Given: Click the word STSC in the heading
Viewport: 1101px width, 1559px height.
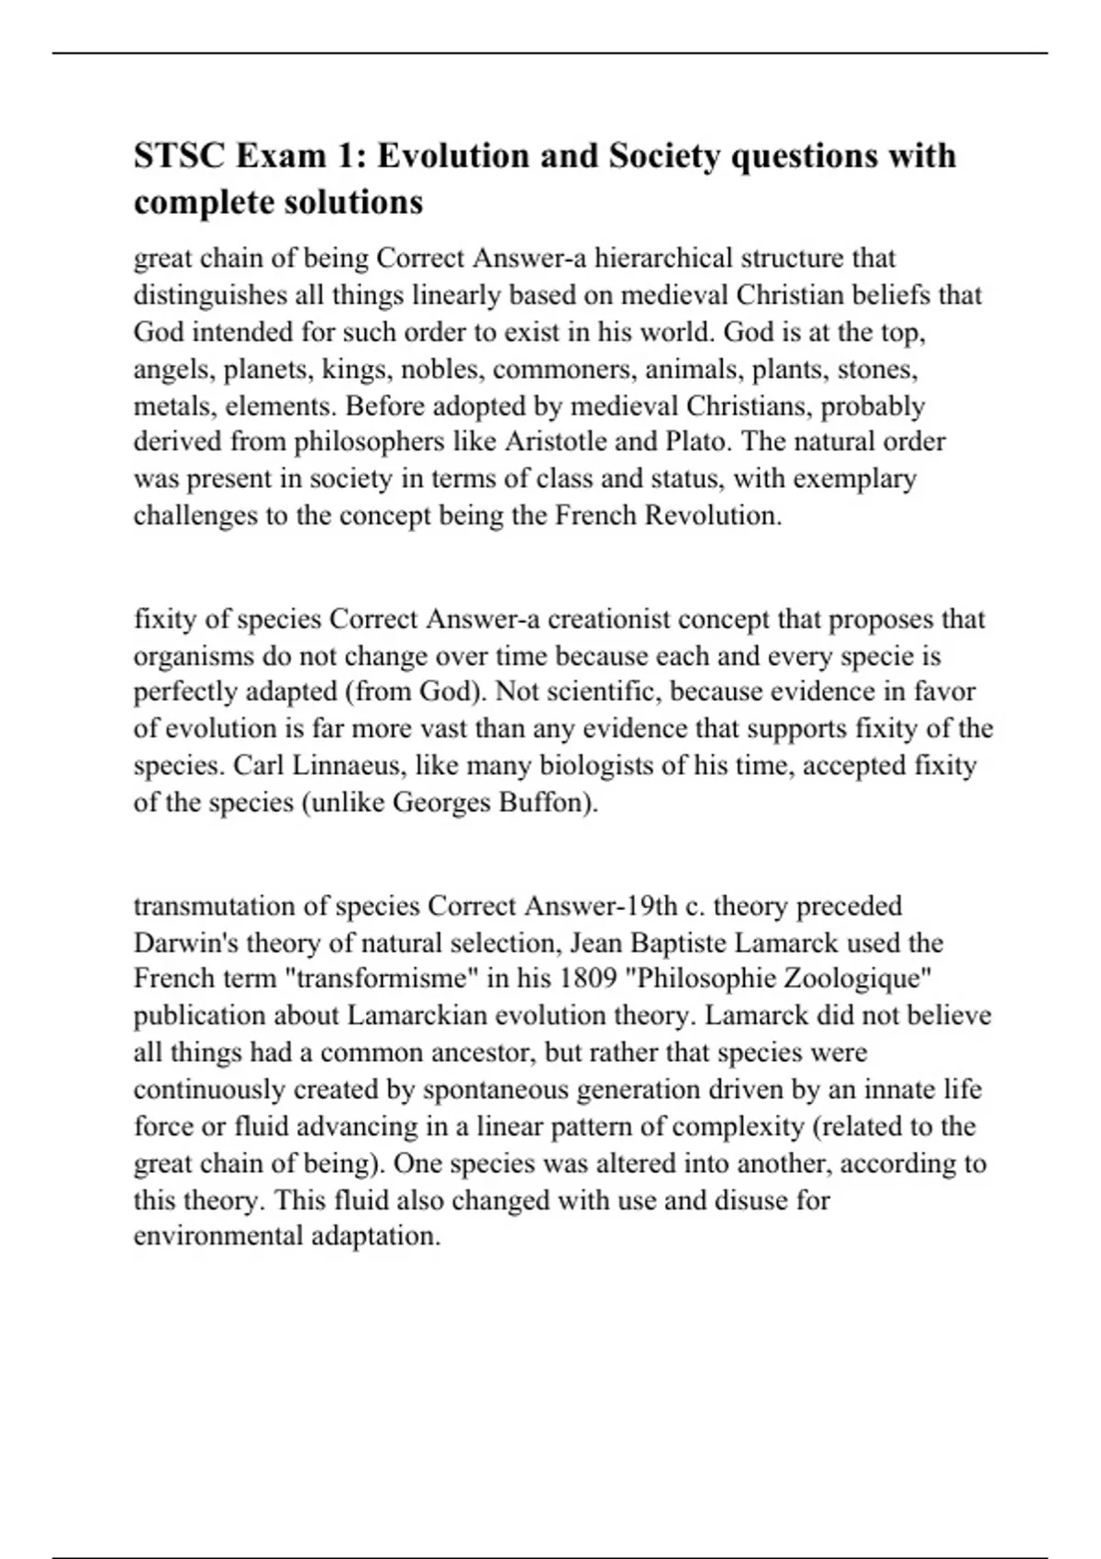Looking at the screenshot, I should coord(179,156).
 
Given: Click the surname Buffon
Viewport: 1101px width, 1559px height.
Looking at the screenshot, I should coord(548,802).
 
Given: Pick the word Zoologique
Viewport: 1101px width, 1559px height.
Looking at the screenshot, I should coord(855,979).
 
